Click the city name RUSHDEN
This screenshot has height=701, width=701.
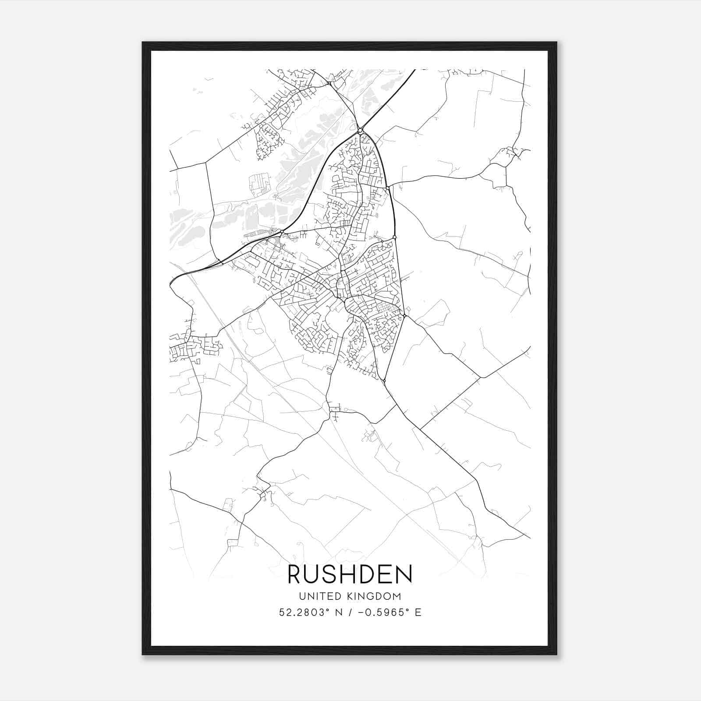(350, 574)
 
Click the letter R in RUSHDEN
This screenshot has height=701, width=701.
(296, 574)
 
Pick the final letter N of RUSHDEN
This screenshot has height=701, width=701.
(404, 574)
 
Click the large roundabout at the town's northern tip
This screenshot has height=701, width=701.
(360, 130)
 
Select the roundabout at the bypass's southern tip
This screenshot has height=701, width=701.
(384, 381)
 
